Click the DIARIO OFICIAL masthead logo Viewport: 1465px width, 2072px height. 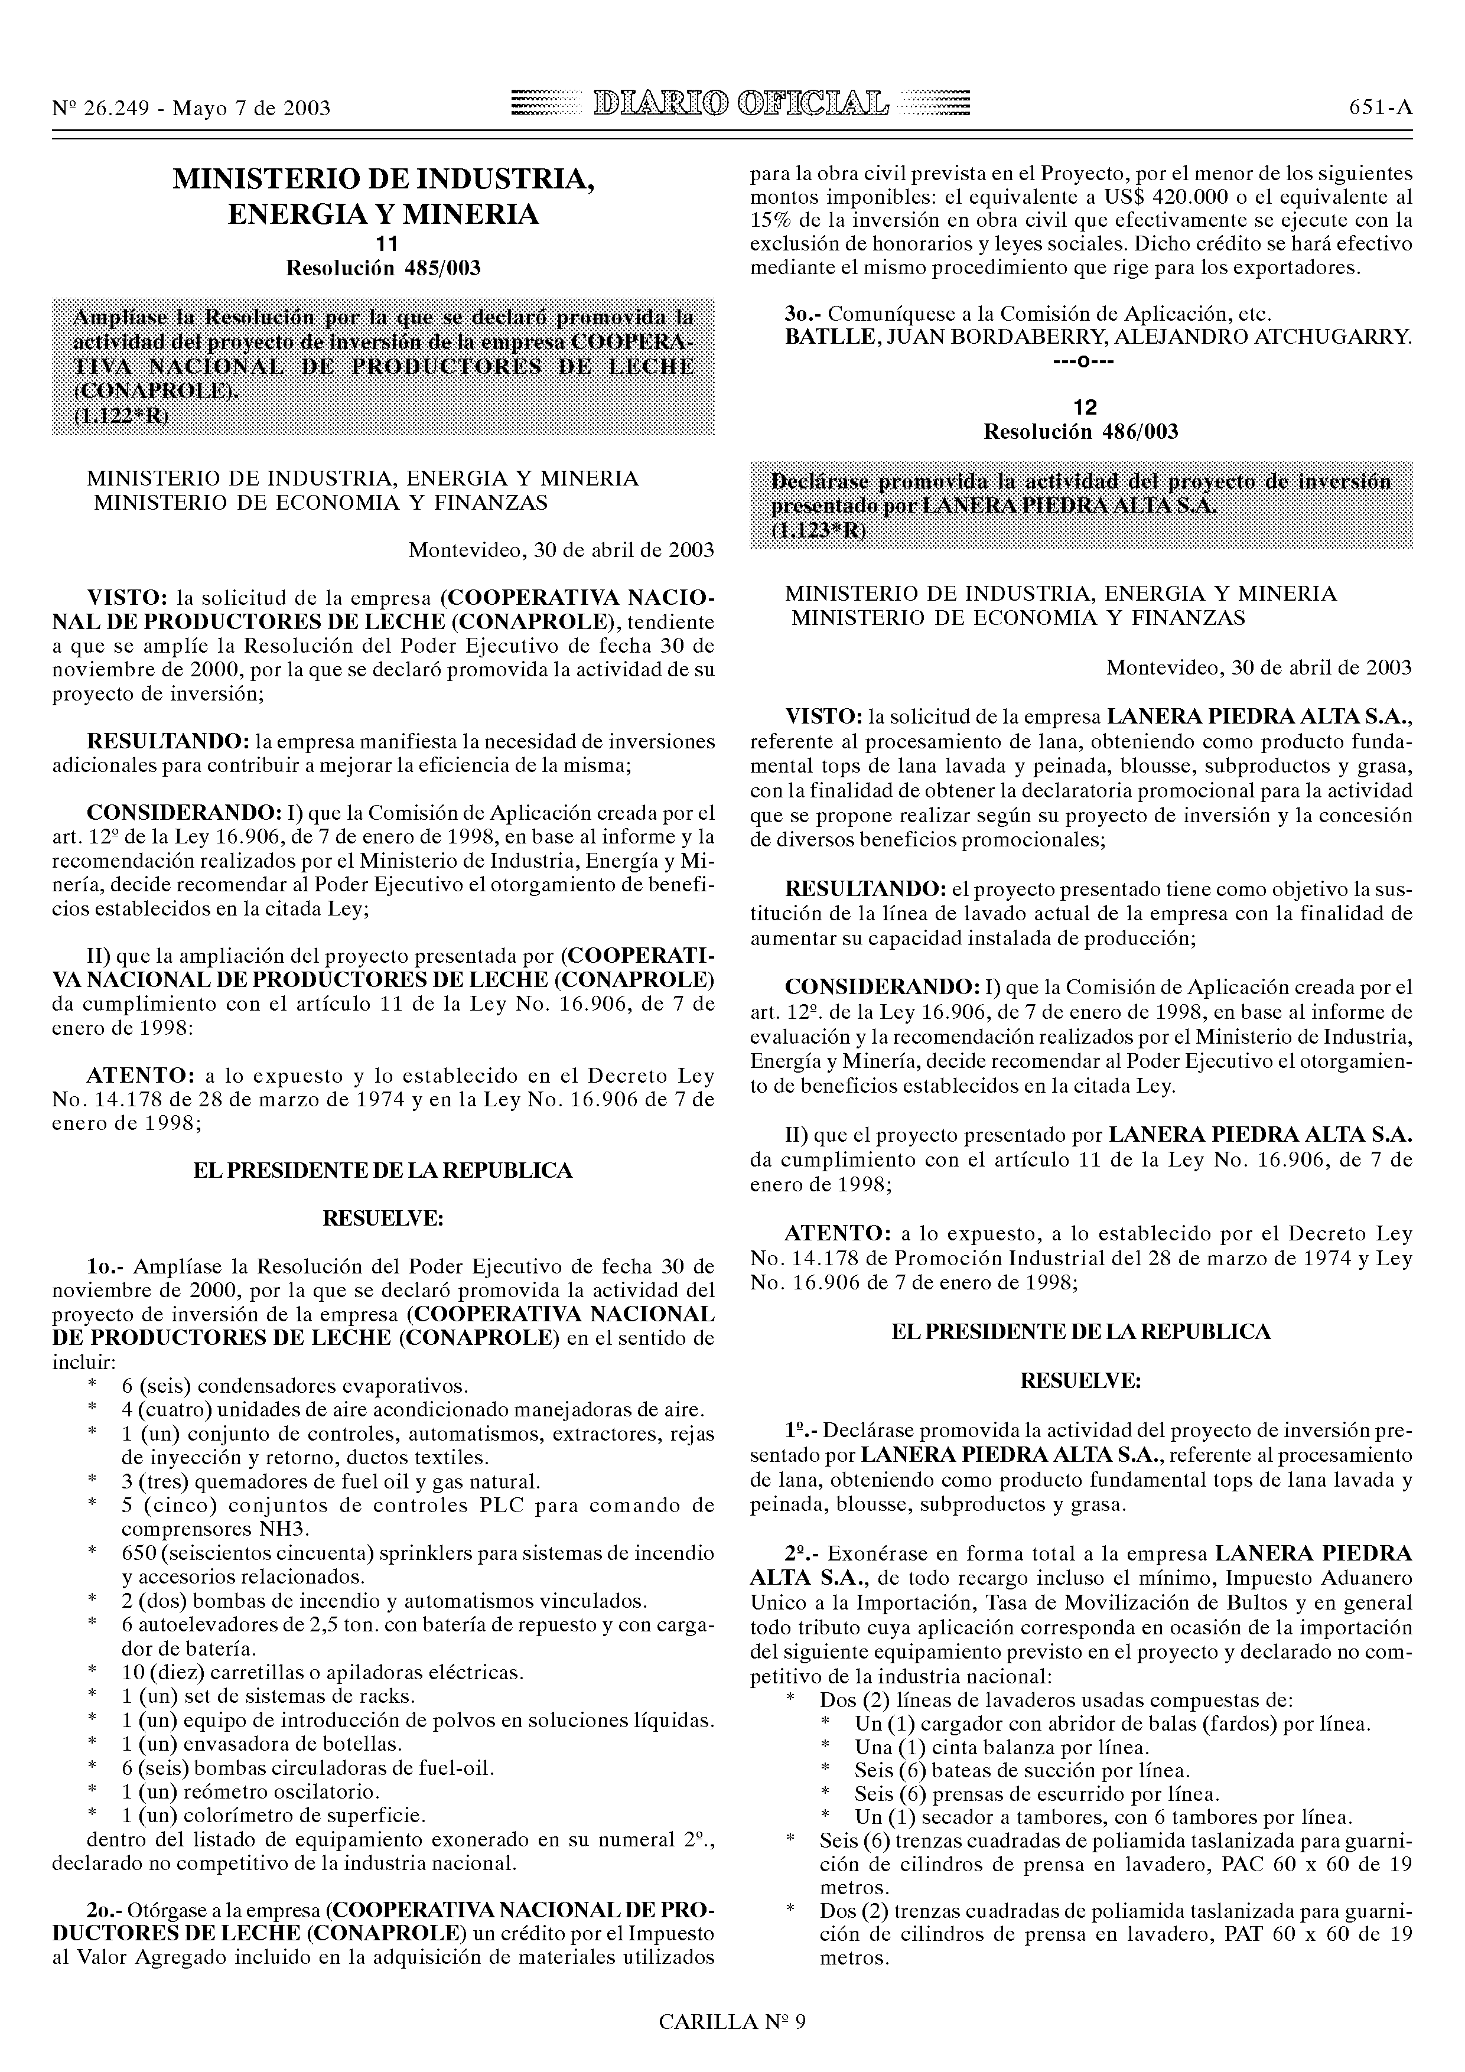pyautogui.click(x=739, y=106)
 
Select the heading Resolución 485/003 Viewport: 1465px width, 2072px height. pyautogui.click(x=383, y=268)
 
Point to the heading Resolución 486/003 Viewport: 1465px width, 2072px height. pyautogui.click(x=1080, y=432)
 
